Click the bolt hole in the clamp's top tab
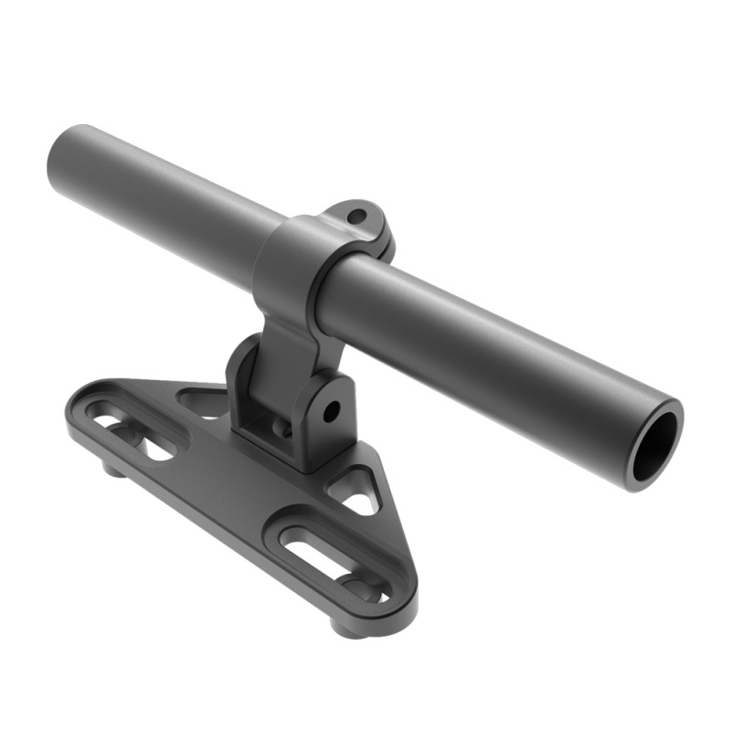357,217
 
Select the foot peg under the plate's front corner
348,628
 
